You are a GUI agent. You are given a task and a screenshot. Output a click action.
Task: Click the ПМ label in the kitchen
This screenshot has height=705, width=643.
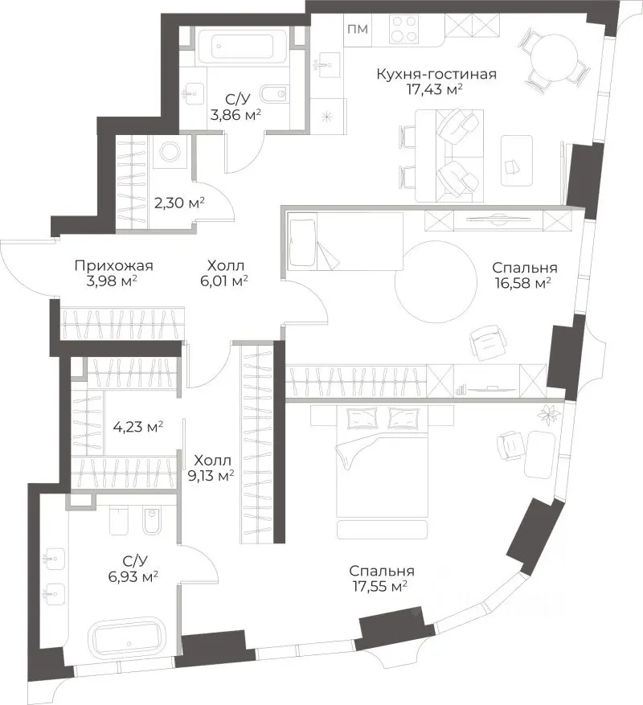point(358,29)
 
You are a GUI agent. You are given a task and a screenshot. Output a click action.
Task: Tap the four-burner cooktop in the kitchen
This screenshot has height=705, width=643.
point(403,29)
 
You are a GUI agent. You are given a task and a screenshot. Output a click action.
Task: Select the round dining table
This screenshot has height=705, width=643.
point(554,56)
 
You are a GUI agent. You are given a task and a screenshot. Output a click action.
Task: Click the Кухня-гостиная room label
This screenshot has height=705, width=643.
point(436,74)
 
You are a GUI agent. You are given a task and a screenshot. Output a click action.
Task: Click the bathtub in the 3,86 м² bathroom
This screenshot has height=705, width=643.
point(243,44)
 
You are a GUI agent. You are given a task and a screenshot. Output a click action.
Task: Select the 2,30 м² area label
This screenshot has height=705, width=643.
point(179,203)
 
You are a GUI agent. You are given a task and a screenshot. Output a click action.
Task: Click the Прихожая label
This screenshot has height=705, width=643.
point(114,266)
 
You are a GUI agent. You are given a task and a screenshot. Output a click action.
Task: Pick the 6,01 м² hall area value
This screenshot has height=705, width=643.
point(224,281)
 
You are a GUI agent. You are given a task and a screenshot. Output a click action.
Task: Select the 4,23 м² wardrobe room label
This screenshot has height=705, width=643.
point(138,426)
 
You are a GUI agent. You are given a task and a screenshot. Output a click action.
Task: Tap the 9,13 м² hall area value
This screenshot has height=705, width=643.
point(211,476)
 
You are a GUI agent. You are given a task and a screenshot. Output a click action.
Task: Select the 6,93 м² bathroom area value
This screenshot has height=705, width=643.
point(133,576)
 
